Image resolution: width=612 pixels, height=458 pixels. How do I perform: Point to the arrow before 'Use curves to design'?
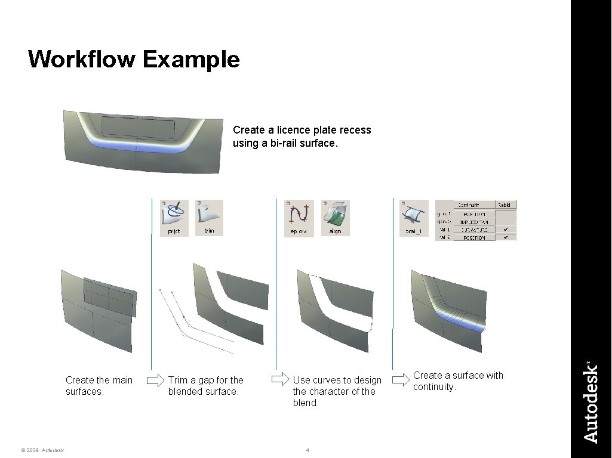tap(279, 379)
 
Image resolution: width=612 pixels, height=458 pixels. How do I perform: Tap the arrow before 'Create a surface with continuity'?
tap(399, 379)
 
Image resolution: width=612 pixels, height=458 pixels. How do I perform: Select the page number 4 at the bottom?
tap(307, 450)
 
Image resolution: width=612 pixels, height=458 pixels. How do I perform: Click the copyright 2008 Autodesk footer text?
tap(42, 450)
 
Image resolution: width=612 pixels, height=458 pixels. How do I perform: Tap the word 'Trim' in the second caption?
tap(177, 380)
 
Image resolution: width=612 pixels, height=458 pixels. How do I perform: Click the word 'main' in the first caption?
tap(122, 380)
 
